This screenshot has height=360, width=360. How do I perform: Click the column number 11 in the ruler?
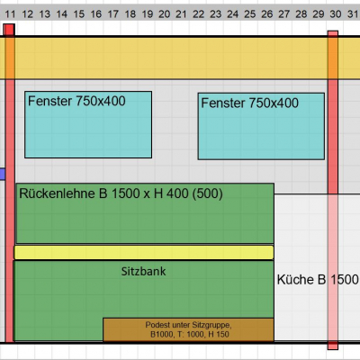[10, 13]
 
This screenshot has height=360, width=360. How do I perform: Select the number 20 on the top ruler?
[164, 13]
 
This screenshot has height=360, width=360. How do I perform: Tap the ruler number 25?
[250, 13]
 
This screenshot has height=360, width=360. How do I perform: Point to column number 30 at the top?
[336, 13]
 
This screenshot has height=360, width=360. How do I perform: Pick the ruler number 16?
[96, 13]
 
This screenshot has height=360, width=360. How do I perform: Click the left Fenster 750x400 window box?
[88, 124]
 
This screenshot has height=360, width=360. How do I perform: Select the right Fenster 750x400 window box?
[261, 126]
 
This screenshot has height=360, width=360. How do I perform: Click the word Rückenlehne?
[58, 193]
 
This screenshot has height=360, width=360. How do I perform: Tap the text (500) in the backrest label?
[207, 193]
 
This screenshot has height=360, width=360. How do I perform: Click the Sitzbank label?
[143, 272]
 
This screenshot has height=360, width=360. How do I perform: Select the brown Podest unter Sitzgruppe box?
[188, 329]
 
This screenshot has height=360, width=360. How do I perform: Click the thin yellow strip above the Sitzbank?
[144, 252]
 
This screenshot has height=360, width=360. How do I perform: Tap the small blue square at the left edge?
[3, 174]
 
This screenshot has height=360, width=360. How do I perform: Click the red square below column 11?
[9, 30]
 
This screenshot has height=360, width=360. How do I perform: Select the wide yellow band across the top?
[180, 58]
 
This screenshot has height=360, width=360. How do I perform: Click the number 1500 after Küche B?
[345, 280]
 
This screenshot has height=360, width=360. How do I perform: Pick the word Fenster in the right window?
[223, 103]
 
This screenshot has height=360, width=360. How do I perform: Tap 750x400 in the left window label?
[101, 101]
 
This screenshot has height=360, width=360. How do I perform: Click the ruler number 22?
[198, 13]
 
